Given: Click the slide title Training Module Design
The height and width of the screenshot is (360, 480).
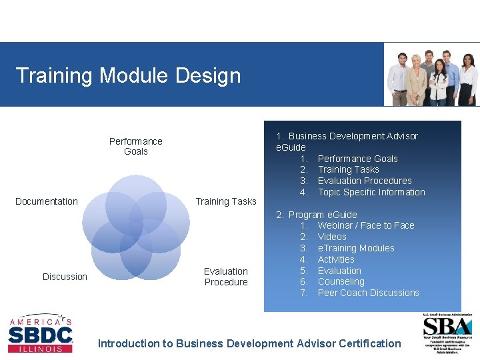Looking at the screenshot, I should click(127, 75).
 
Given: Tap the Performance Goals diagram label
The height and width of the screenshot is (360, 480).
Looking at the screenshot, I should click(136, 146).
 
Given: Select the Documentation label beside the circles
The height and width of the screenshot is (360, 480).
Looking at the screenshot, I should click(47, 201).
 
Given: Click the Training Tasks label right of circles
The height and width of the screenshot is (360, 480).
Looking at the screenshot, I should click(225, 201).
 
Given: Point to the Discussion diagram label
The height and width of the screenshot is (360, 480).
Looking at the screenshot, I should click(65, 277).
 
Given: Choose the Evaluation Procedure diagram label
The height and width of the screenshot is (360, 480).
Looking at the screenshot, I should click(226, 277).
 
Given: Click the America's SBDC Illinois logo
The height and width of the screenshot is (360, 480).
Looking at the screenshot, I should click(40, 333).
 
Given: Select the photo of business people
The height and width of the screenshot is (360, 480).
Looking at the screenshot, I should click(432, 75).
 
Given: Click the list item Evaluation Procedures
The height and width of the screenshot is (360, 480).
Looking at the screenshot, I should click(364, 181).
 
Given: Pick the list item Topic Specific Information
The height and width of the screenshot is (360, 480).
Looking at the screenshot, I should click(371, 192).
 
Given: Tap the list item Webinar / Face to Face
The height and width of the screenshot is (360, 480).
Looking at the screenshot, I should click(365, 225).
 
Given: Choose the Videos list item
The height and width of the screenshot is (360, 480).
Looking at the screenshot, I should click(332, 237).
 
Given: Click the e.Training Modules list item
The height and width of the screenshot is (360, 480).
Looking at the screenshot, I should click(356, 248).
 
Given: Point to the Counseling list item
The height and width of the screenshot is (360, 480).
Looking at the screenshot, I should click(341, 281).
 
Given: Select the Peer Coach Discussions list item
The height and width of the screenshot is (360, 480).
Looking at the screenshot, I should click(368, 293).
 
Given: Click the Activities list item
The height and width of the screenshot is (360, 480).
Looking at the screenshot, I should click(336, 259).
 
